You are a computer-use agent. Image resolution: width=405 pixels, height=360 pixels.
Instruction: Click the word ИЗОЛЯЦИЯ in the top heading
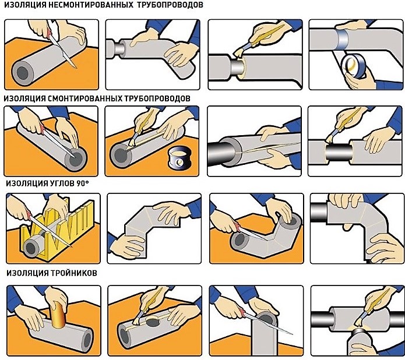point(26,6)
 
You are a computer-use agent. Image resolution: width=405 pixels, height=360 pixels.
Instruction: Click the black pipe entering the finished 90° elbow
point(318,213)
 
